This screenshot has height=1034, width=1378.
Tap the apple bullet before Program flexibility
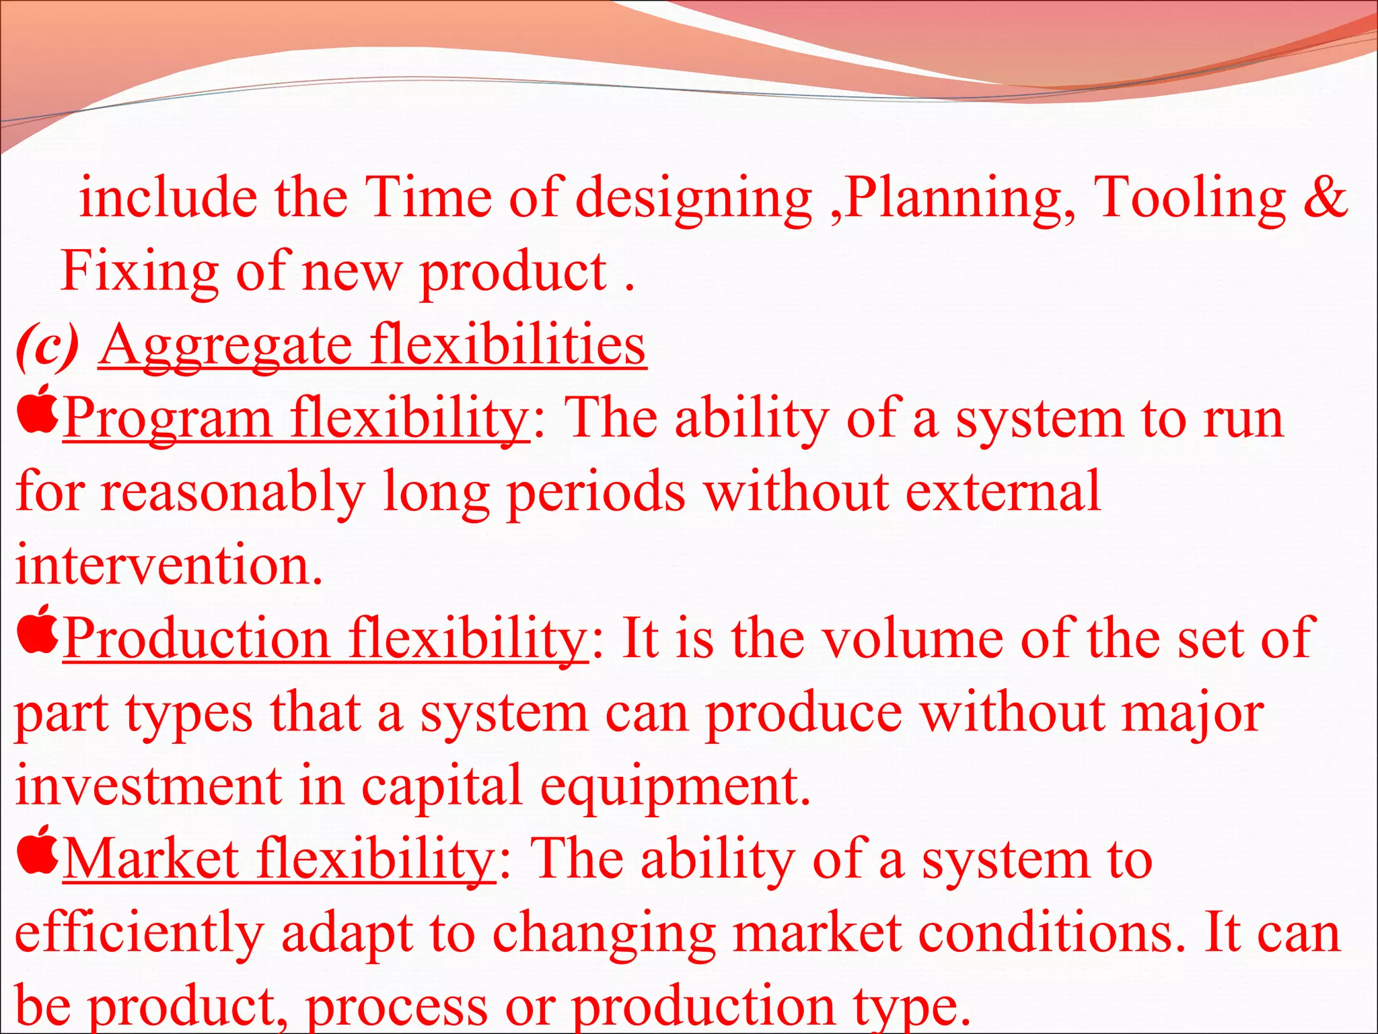37,409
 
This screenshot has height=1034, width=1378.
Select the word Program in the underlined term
168,419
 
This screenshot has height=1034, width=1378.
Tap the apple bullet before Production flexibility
37,629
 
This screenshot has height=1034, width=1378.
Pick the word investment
149,786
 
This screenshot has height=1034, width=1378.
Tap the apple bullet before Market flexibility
37,849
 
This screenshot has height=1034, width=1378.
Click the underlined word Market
152,859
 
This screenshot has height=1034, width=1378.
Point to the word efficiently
139,934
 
